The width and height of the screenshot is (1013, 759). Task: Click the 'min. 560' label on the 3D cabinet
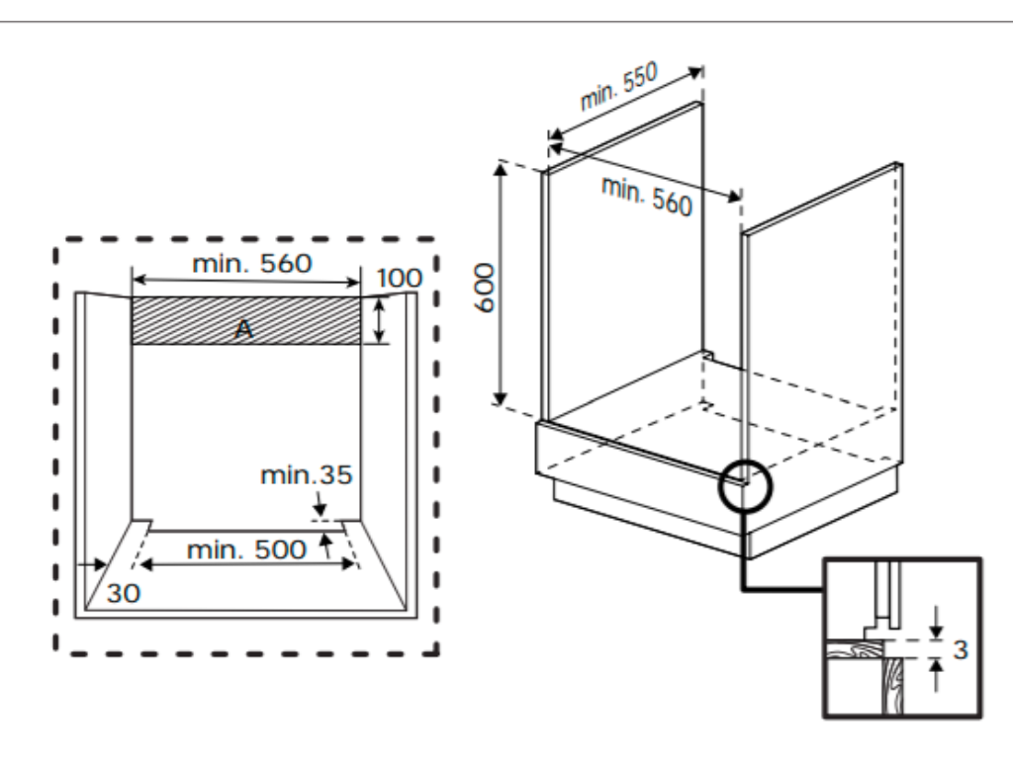click(647, 195)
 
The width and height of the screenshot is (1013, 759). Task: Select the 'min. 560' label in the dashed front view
click(251, 263)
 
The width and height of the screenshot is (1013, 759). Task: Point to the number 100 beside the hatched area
click(399, 278)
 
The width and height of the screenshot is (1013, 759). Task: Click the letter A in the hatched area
click(243, 331)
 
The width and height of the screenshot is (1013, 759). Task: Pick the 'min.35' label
click(306, 475)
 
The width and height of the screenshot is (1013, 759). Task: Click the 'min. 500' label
click(246, 549)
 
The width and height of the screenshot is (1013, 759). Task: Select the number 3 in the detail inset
click(960, 649)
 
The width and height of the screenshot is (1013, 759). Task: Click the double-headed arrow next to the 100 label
click(379, 320)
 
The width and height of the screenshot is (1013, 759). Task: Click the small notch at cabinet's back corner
click(708, 353)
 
